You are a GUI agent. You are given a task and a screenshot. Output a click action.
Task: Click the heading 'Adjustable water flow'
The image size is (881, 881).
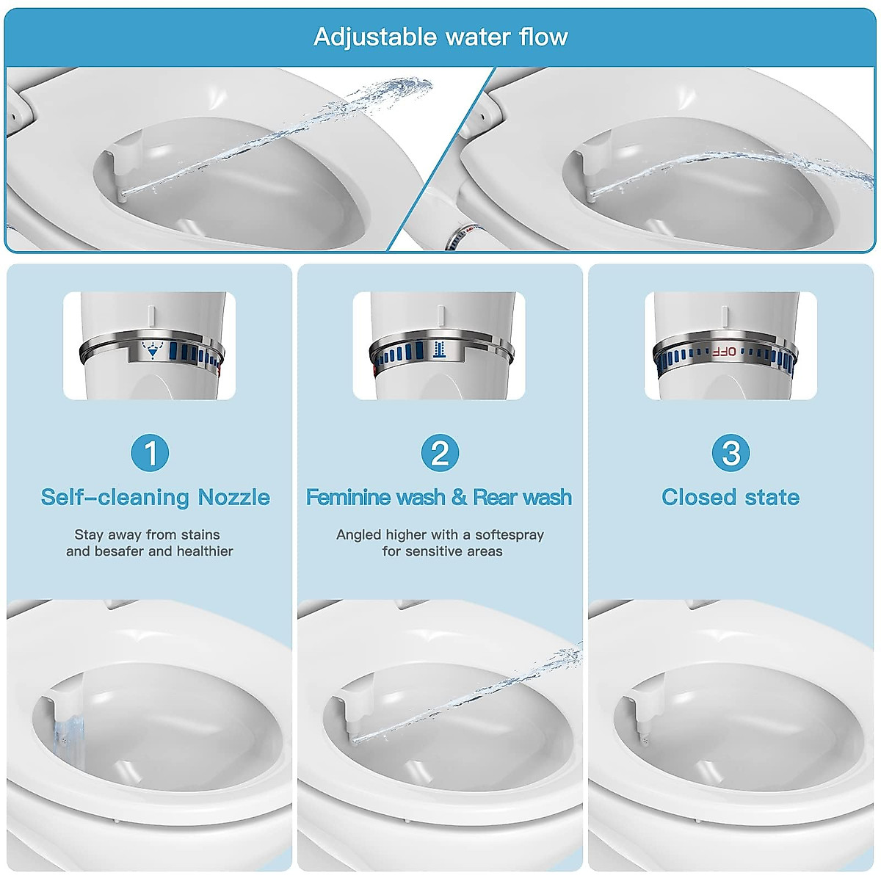click(x=440, y=37)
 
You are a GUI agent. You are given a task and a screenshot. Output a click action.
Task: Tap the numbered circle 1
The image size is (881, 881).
click(x=150, y=453)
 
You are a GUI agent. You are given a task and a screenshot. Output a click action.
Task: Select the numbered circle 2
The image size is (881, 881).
click(x=440, y=453)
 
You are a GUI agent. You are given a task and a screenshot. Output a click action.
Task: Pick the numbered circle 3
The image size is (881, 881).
click(x=730, y=453)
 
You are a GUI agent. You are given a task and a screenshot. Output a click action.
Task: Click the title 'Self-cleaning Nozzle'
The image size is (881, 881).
click(x=155, y=497)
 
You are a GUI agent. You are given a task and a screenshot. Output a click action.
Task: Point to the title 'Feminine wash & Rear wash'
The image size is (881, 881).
click(x=439, y=497)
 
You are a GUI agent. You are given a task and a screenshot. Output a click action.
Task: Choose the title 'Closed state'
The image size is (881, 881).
click(x=730, y=497)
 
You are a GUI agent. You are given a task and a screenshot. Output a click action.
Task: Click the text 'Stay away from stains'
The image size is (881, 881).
click(x=147, y=534)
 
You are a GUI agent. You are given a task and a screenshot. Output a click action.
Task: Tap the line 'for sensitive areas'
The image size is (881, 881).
click(x=442, y=551)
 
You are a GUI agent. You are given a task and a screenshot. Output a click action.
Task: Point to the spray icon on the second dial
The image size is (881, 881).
click(x=439, y=349)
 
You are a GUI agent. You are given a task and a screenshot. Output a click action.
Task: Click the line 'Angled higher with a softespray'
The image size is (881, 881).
click(x=440, y=534)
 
